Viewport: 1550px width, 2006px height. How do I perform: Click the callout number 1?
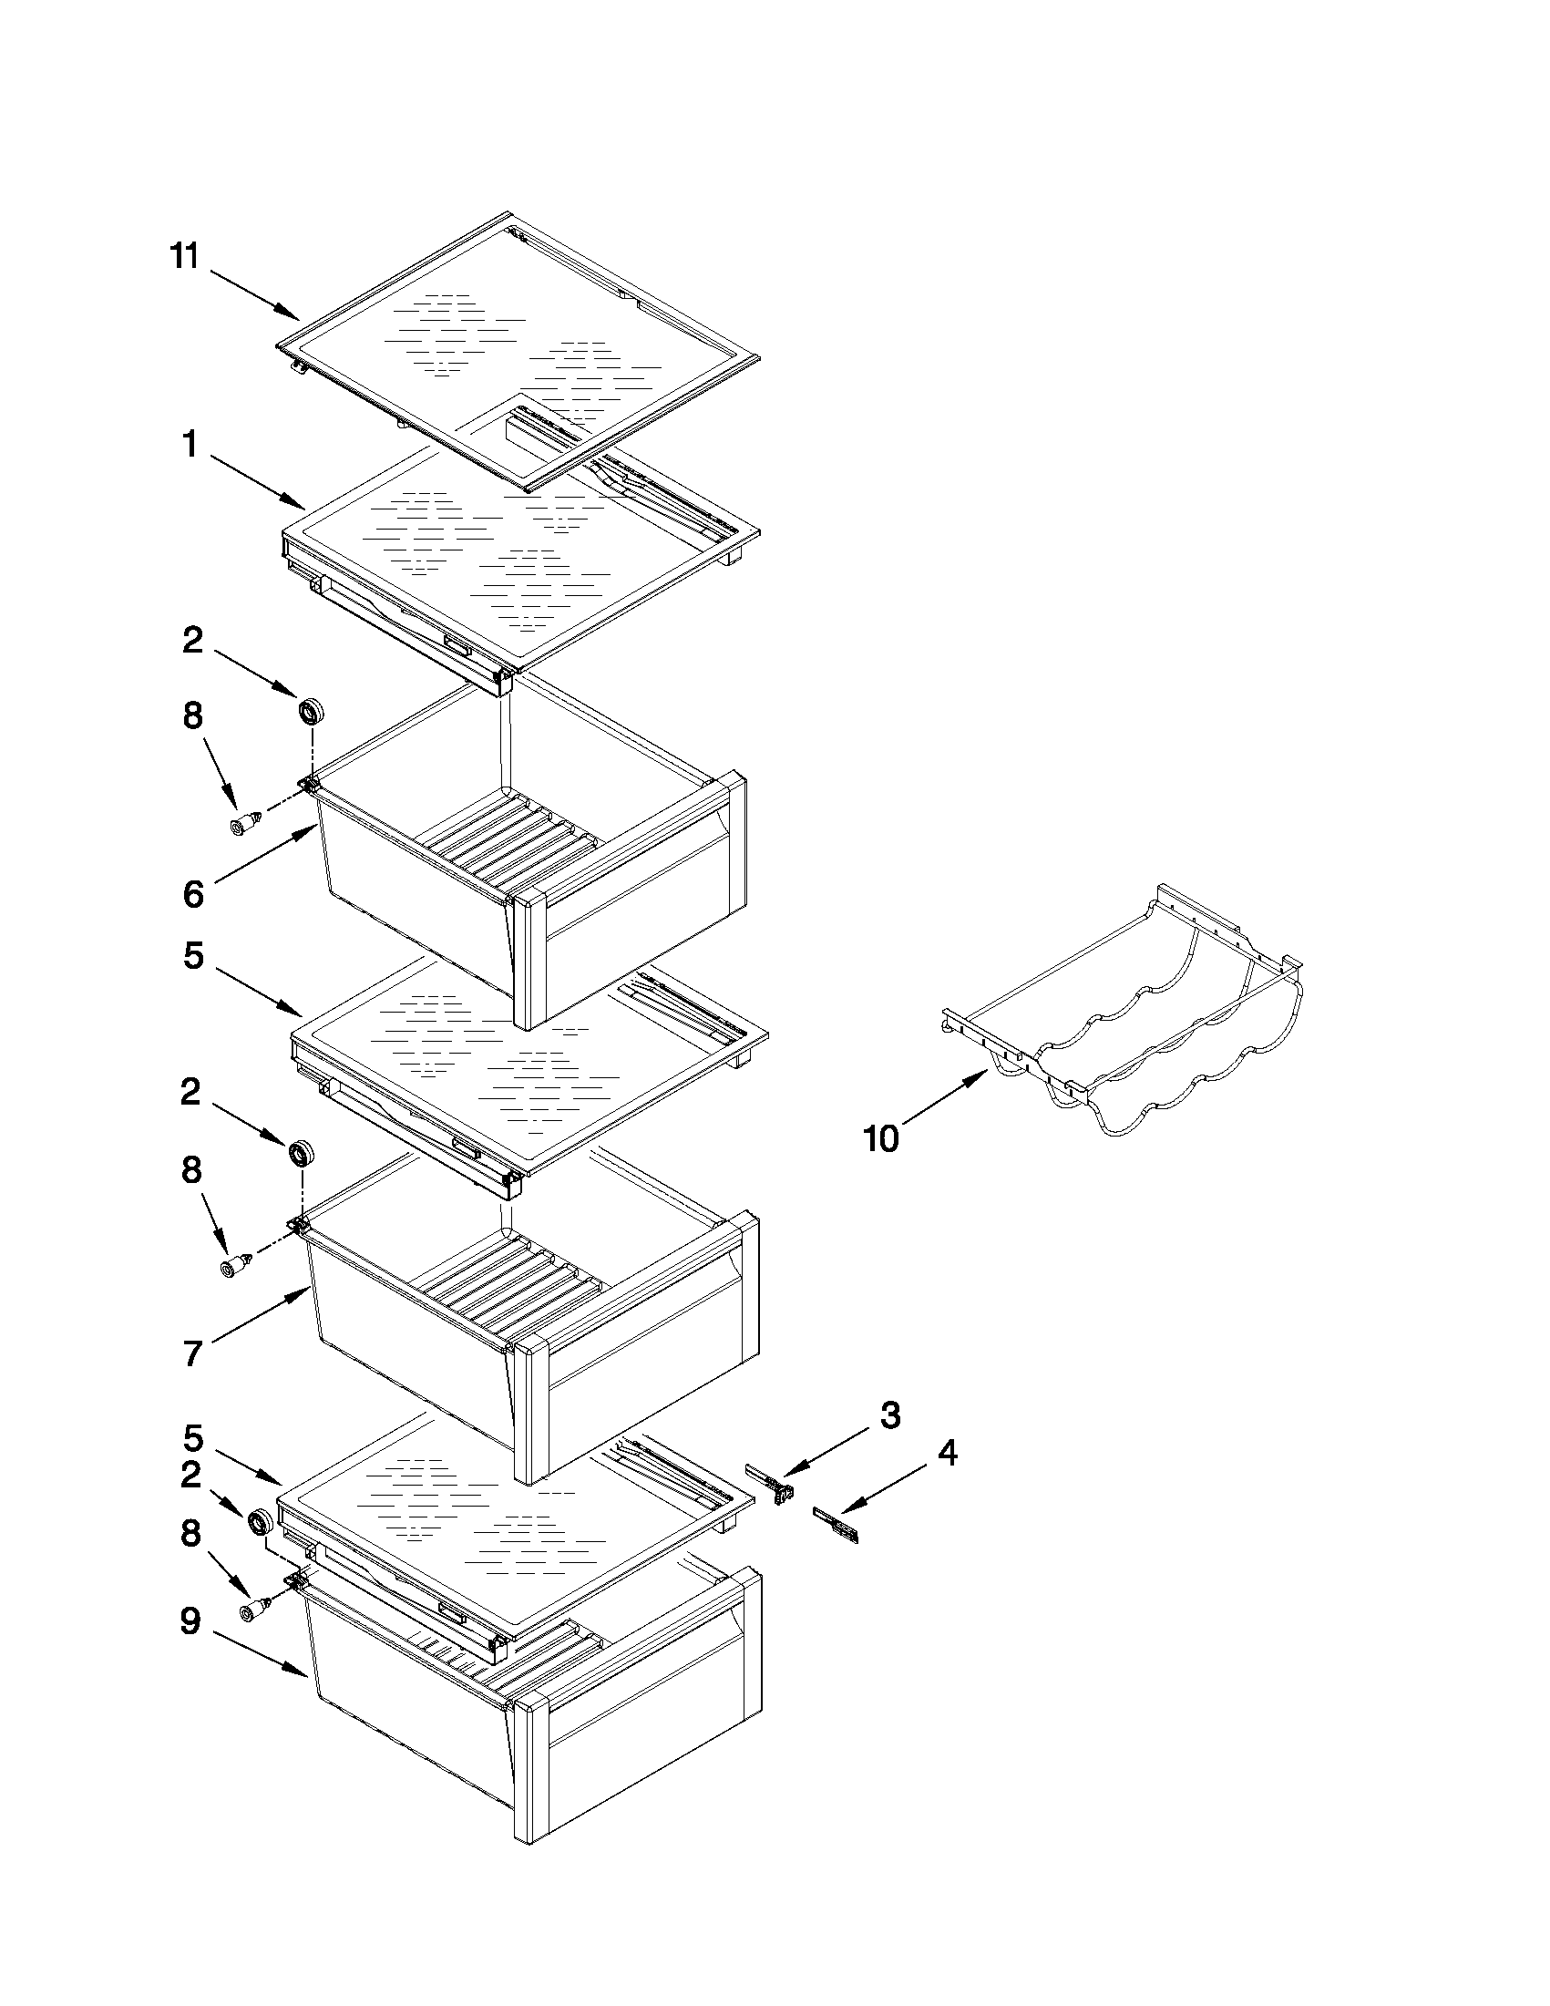190,446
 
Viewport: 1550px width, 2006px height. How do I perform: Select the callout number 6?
193,893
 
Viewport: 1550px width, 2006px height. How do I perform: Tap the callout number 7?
192,1353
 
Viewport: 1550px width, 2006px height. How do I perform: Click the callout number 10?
880,1139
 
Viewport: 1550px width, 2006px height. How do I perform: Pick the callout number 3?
889,1415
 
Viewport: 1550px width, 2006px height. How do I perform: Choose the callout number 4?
947,1453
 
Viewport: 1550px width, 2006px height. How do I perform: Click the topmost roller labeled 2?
313,711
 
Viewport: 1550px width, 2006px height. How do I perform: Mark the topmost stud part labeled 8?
242,824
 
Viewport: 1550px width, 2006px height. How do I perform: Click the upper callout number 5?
193,955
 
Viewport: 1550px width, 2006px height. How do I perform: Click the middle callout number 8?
191,1169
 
